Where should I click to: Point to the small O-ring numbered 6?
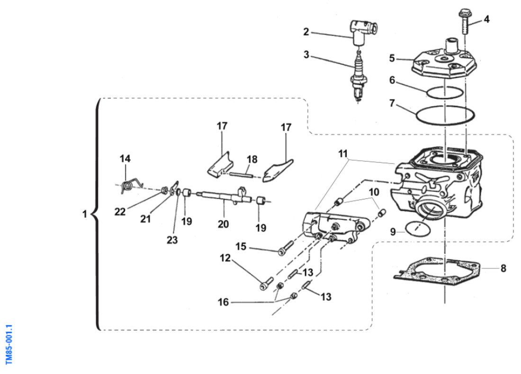click(x=444, y=92)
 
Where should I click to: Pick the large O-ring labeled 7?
click(x=444, y=115)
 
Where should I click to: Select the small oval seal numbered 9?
click(x=417, y=228)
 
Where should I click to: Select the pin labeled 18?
click(x=246, y=173)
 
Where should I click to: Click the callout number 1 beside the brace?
click(x=84, y=214)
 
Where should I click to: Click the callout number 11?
click(x=343, y=153)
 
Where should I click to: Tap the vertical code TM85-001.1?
click(x=9, y=345)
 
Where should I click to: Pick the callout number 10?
click(x=374, y=192)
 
